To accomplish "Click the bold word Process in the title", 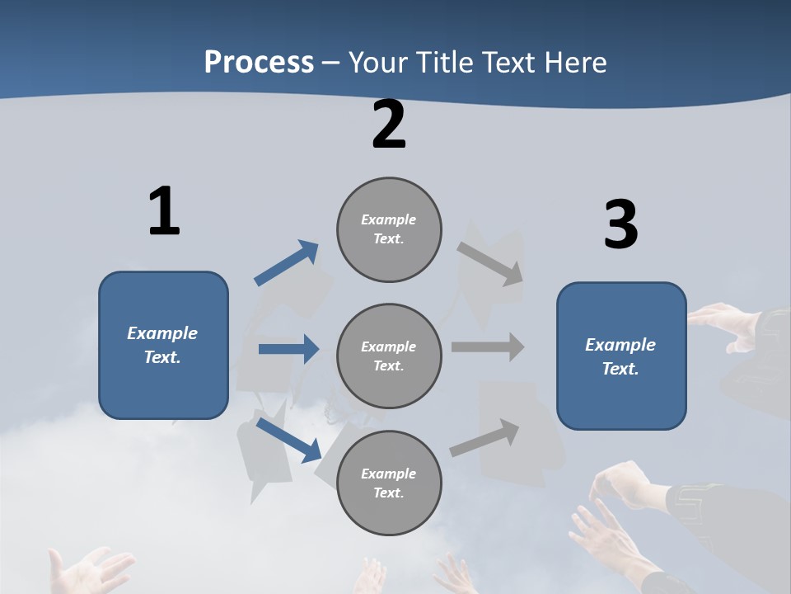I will [x=259, y=62].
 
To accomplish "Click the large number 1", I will [x=164, y=211].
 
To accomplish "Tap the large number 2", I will [x=389, y=125].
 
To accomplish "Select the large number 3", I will [x=620, y=224].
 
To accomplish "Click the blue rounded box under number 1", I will [x=163, y=345].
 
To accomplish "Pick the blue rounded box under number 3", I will [x=621, y=356].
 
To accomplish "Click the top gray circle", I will [x=389, y=229].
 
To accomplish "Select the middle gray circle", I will [x=389, y=356].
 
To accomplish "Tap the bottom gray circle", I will [x=389, y=483].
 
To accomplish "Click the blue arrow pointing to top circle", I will [x=286, y=263].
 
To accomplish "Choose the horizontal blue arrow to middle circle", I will [x=288, y=349].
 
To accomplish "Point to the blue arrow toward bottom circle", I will [x=288, y=440].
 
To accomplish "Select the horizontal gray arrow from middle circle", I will [x=487, y=346].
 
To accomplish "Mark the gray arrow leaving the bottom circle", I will [x=484, y=438].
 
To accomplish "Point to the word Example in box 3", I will [x=620, y=345].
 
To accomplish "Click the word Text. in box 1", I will [x=162, y=357].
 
